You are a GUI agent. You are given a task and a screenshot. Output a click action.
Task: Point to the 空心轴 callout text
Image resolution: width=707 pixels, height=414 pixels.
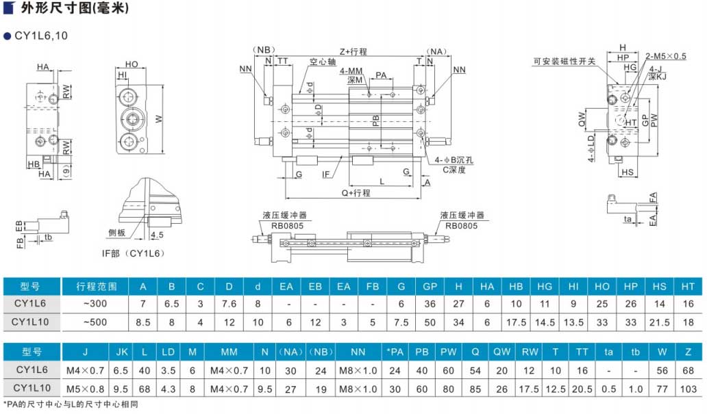pyautogui.click(x=322, y=62)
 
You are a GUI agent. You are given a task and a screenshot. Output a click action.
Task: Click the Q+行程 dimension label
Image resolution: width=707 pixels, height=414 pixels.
pyautogui.click(x=356, y=193)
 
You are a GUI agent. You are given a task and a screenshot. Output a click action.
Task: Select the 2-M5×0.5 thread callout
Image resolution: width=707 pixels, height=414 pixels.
pyautogui.click(x=666, y=56)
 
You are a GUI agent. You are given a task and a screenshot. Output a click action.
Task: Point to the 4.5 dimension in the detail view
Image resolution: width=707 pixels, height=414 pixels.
pyautogui.click(x=156, y=235)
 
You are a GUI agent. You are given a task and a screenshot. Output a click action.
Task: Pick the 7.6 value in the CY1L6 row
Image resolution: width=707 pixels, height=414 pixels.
pyautogui.click(x=229, y=304)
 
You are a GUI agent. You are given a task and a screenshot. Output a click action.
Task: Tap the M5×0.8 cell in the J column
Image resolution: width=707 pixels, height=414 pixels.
pyautogui.click(x=85, y=389)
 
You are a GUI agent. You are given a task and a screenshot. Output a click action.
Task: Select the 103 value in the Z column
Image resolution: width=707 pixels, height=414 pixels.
pyautogui.click(x=687, y=389)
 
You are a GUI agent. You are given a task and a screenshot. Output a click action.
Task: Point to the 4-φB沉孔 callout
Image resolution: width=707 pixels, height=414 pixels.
pyautogui.click(x=454, y=159)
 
